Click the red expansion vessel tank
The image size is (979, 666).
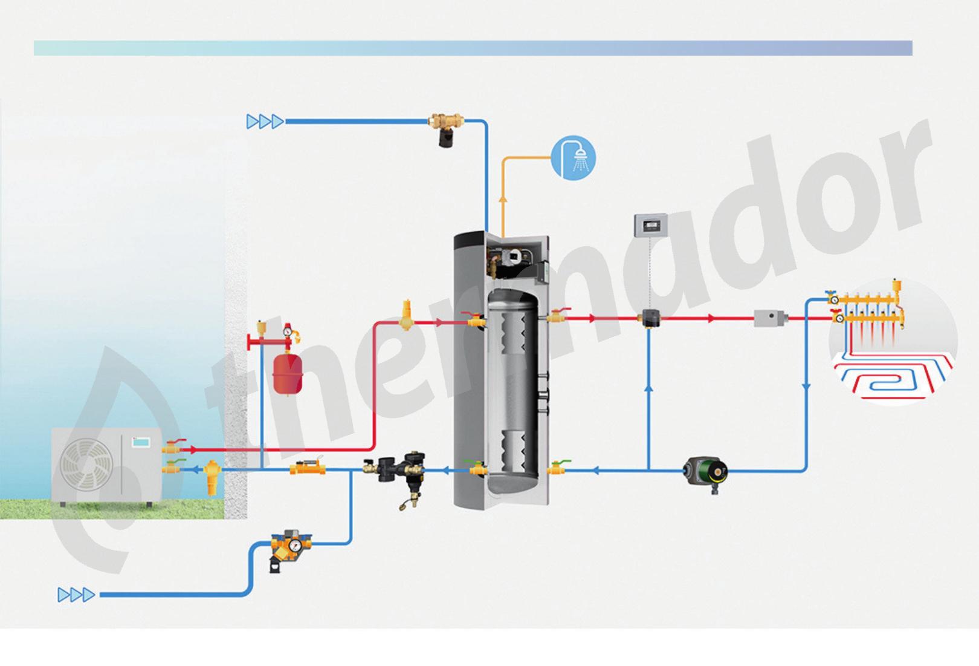(x=288, y=373)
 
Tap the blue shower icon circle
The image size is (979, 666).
(x=573, y=158)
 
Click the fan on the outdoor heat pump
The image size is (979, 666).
(x=86, y=464)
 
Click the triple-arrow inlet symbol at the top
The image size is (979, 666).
(x=265, y=122)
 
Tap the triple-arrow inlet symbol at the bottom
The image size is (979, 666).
(x=76, y=595)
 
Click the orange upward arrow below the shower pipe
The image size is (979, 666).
(x=502, y=202)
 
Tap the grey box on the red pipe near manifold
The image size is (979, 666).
(x=770, y=318)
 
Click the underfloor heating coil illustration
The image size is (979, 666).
(x=893, y=375)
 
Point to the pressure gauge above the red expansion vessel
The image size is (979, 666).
(x=288, y=330)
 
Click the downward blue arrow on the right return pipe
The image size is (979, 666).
(x=807, y=387)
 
